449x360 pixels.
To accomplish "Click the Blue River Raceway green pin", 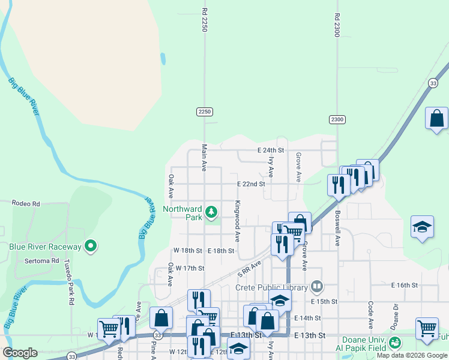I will [91, 246].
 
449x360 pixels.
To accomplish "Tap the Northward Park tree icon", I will [211, 211].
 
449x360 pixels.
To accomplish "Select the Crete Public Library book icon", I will [317, 287].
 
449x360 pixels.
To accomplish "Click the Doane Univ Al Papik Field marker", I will [394, 343].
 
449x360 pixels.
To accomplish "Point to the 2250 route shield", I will [205, 112].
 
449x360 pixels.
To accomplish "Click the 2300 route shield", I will [337, 119].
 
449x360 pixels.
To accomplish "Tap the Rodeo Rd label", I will [26, 204].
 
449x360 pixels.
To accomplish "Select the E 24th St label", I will [270, 150].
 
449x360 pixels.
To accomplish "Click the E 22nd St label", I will [250, 184].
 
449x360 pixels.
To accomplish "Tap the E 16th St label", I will [404, 286].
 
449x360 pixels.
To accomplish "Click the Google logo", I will [20, 353].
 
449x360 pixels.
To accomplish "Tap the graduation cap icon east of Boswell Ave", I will [422, 227].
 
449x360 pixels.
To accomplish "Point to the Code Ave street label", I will [370, 314].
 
